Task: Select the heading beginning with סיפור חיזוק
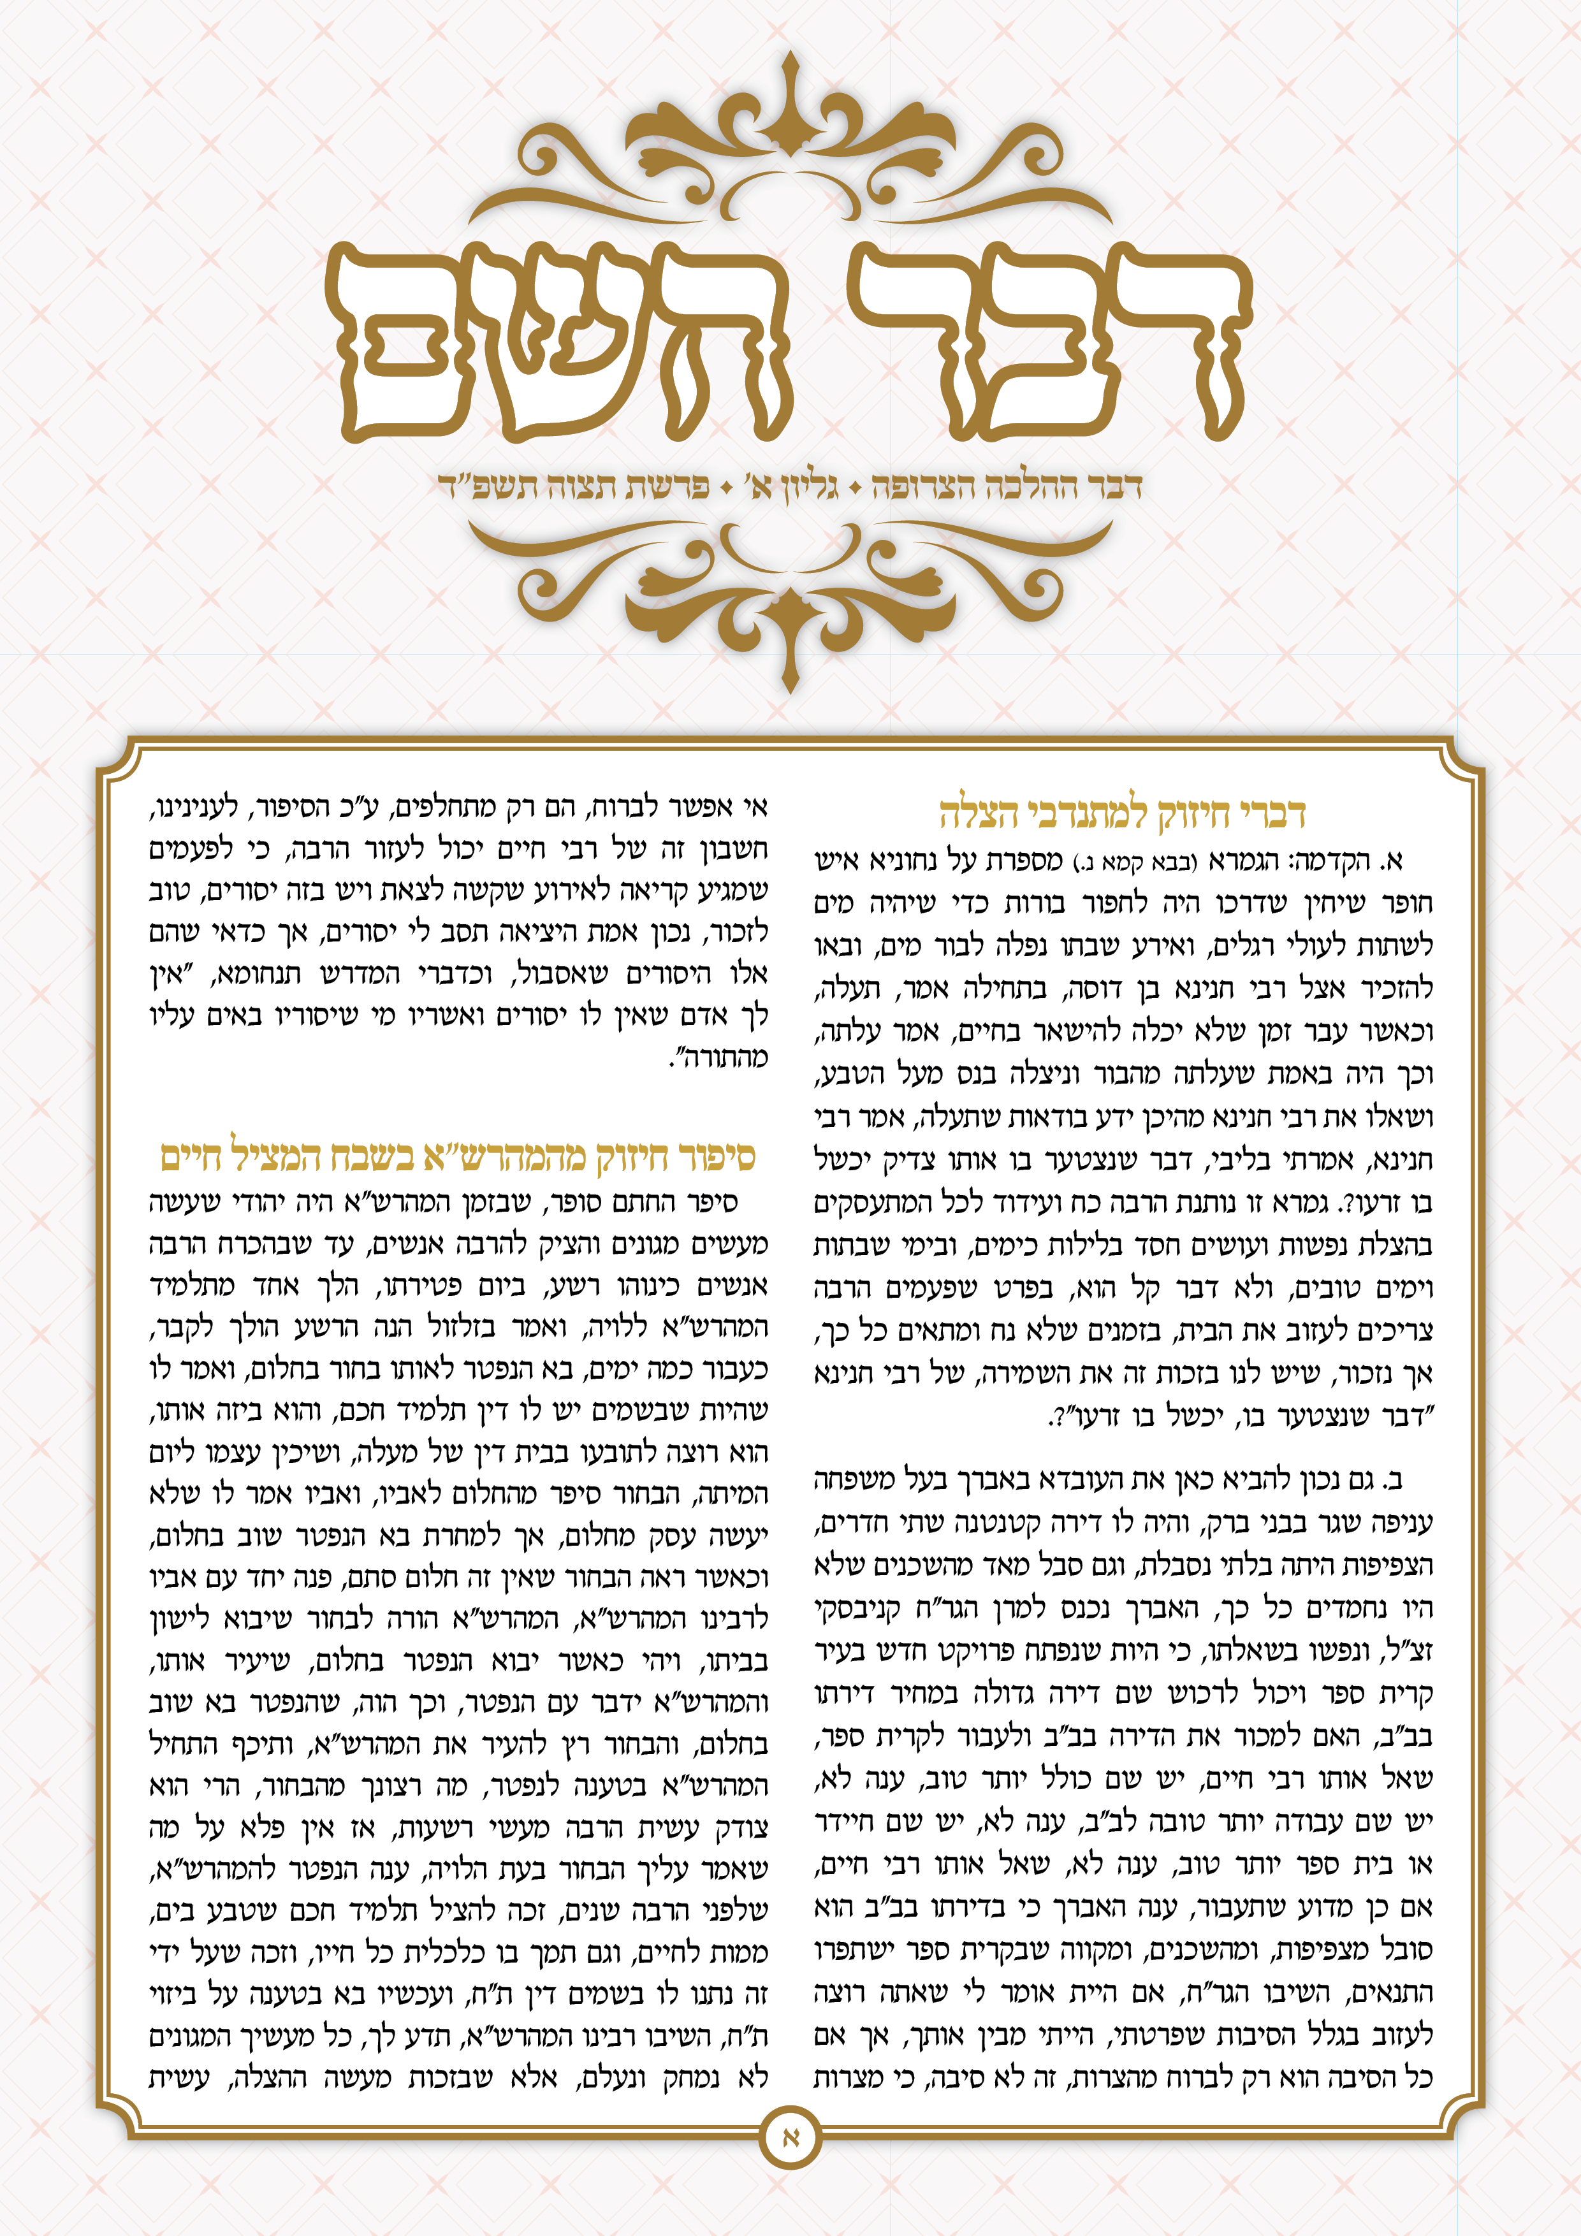(458, 1156)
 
